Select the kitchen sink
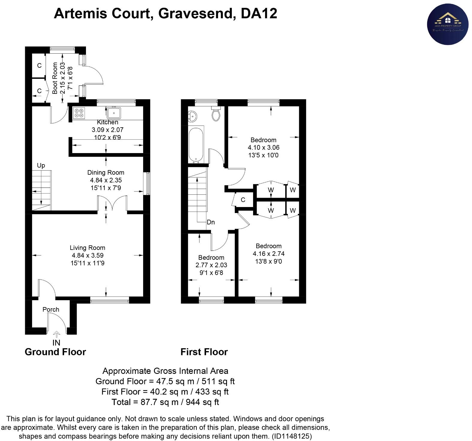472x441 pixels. (x=114, y=113)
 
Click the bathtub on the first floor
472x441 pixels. (x=196, y=145)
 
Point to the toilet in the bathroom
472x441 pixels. (x=216, y=114)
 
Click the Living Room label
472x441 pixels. (x=87, y=248)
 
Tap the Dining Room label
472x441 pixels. (x=105, y=173)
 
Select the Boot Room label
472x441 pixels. (x=55, y=78)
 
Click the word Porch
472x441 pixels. (x=51, y=309)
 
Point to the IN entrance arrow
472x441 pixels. (x=56, y=334)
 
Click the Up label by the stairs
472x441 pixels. (x=41, y=165)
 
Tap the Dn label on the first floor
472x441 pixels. (x=211, y=222)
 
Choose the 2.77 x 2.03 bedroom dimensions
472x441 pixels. (x=211, y=265)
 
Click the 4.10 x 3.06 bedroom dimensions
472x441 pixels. (x=264, y=147)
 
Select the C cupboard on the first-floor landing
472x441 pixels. (x=243, y=200)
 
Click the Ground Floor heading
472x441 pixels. (x=55, y=352)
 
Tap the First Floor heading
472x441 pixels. (x=204, y=352)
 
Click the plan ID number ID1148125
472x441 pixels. (x=291, y=436)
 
